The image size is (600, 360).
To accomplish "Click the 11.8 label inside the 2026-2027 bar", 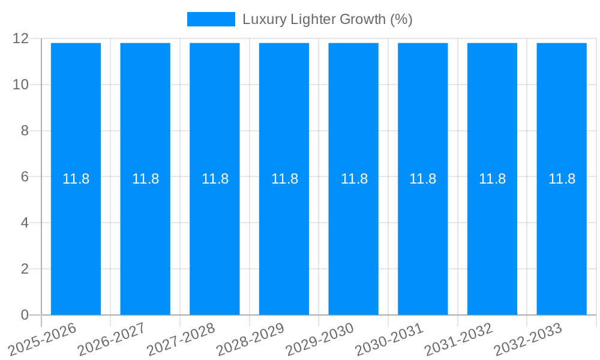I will [145, 179].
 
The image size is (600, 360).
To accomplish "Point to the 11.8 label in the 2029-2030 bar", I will [354, 179].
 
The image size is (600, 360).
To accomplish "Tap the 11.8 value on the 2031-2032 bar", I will [492, 179].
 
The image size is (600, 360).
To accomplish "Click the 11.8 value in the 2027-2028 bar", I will [215, 179].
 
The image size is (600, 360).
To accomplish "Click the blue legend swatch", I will [211, 19].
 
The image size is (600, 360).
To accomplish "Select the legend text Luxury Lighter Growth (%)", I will [327, 19].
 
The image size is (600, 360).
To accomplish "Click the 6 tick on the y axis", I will [25, 177].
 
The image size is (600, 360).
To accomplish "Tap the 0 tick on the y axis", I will [25, 315].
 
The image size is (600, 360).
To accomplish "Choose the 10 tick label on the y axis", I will [20, 85].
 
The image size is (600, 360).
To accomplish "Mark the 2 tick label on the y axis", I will [25, 269].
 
